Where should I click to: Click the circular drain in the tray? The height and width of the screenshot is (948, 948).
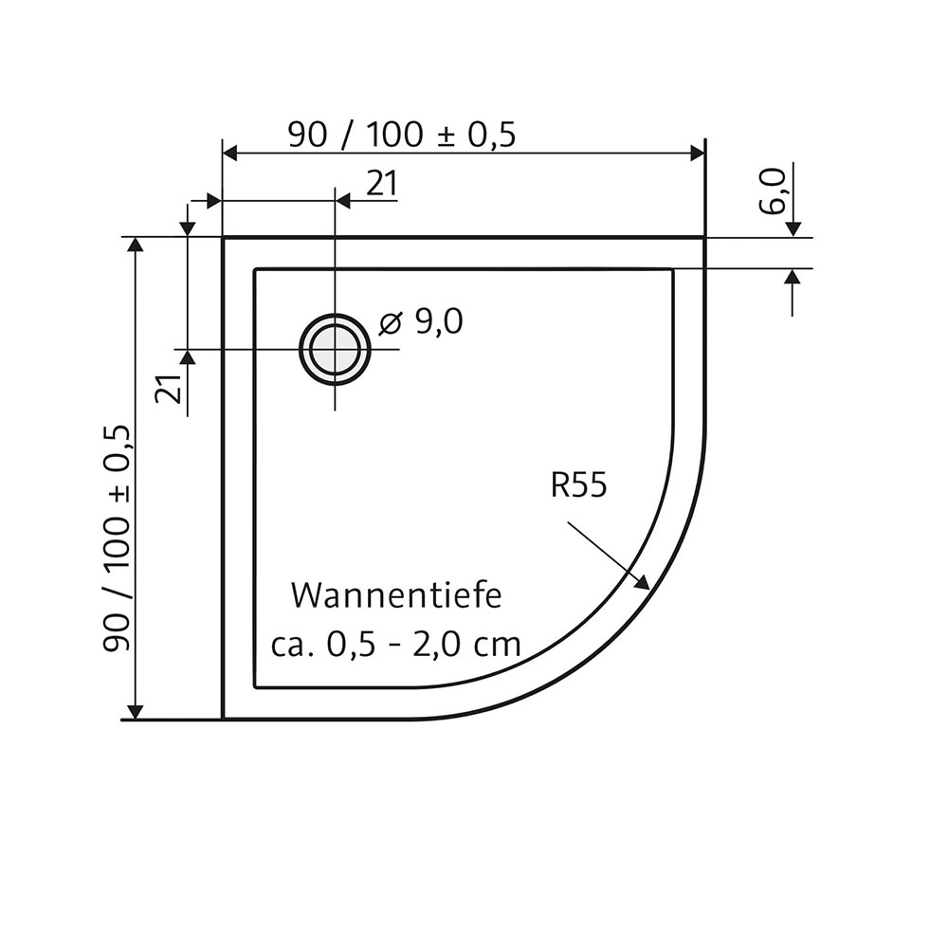pyautogui.click(x=335, y=349)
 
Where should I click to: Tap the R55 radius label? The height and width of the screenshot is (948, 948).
pyautogui.click(x=577, y=485)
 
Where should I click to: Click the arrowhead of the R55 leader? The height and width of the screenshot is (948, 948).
pyautogui.click(x=645, y=585)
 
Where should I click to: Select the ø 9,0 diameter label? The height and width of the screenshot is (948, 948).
pyautogui.click(x=420, y=323)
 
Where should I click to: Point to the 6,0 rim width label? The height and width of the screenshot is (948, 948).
pyautogui.click(x=773, y=191)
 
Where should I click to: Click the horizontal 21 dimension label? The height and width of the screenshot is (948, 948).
pyautogui.click(x=381, y=184)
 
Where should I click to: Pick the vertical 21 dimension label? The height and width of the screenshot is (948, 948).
pyautogui.click(x=168, y=389)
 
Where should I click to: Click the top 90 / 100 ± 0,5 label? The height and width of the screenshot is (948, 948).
pyautogui.click(x=401, y=136)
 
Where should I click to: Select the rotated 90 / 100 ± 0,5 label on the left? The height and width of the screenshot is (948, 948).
pyautogui.click(x=116, y=538)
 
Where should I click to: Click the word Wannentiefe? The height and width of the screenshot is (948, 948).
pyautogui.click(x=395, y=596)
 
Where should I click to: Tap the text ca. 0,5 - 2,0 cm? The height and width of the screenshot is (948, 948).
pyautogui.click(x=395, y=645)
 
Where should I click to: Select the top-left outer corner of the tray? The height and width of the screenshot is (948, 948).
pyautogui.click(x=222, y=237)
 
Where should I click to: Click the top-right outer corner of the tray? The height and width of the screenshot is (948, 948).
pyautogui.click(x=705, y=237)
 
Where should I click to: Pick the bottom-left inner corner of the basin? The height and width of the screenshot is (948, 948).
pyautogui.click(x=255, y=686)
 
